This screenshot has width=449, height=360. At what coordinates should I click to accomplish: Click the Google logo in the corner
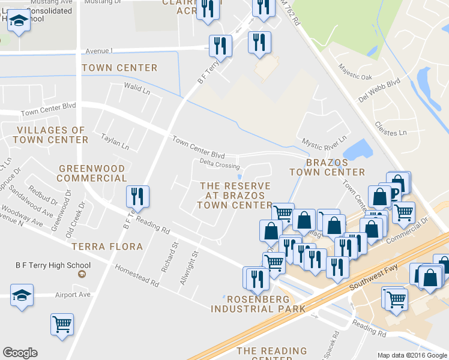(x=20, y=353)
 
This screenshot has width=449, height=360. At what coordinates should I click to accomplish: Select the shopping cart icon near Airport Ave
(x=62, y=325)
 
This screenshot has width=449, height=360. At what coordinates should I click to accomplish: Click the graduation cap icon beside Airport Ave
(x=22, y=295)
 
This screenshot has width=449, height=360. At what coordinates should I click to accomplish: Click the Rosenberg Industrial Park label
(x=258, y=303)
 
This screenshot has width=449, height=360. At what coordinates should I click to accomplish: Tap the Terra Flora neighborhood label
(x=107, y=247)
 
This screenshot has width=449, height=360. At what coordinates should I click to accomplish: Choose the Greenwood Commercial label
(x=92, y=173)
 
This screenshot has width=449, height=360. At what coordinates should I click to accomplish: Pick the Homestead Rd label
(x=137, y=275)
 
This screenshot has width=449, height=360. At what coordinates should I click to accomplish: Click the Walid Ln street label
(x=137, y=91)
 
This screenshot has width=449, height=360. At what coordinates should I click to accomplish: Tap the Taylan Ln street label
(x=115, y=142)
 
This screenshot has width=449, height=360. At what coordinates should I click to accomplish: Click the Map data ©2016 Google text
(x=412, y=355)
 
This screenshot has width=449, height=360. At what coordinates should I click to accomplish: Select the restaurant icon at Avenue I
(x=220, y=46)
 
